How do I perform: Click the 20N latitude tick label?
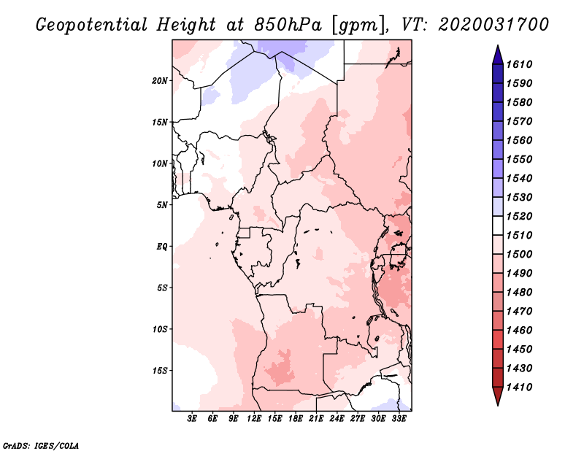tap(160, 81)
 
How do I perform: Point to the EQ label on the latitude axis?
tap(162, 247)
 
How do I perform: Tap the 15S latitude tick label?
tap(160, 371)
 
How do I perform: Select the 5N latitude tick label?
tap(162, 205)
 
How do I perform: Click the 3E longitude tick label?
tap(192, 419)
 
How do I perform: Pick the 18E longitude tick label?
tap(296, 419)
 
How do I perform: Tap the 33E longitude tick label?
tap(399, 419)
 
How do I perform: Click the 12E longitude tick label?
tap(254, 419)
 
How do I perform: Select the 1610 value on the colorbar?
tap(519, 64)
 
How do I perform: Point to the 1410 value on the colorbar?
tap(519, 388)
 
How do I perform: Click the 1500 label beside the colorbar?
tap(519, 255)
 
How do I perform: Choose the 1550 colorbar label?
tap(519, 159)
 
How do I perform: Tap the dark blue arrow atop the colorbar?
tap(498, 55)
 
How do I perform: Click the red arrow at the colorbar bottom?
tap(498, 396)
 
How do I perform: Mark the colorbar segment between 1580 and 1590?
tap(498, 93)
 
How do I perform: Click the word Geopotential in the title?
tap(92, 25)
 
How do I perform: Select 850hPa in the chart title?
tap(288, 25)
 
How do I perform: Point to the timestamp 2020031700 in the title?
tap(493, 25)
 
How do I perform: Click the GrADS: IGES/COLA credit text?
tap(41, 446)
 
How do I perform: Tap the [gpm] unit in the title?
tap(358, 26)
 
